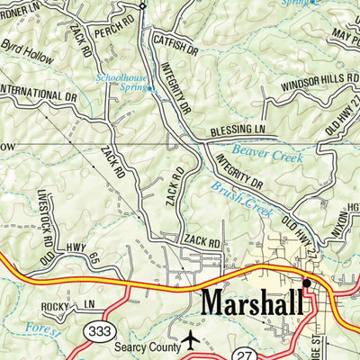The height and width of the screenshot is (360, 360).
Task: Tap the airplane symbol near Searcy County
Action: [x=190, y=341]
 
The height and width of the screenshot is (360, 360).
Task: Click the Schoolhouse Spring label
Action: [x=125, y=84]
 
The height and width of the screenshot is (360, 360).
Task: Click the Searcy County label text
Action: [x=144, y=342]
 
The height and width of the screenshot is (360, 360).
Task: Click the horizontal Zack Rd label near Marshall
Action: [x=201, y=242]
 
